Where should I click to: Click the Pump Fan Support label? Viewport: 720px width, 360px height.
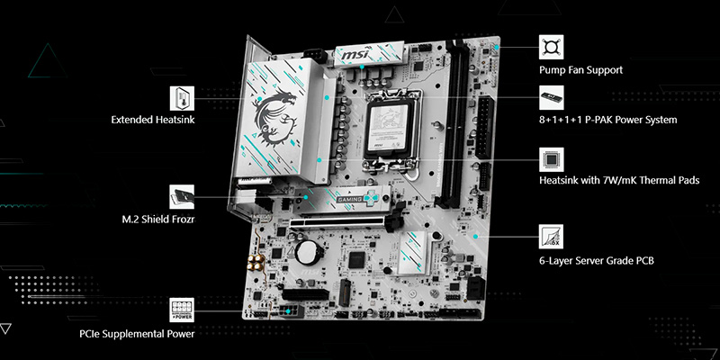pyautogui.click(x=580, y=69)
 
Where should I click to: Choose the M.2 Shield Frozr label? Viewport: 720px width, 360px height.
pyautogui.click(x=157, y=219)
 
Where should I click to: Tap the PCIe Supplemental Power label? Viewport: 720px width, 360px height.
pyautogui.click(x=137, y=333)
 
